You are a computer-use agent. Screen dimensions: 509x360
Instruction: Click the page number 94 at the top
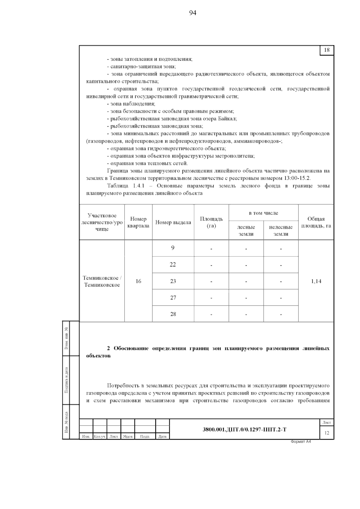pos(193,13)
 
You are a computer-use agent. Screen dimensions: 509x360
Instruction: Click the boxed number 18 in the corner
pos(327,50)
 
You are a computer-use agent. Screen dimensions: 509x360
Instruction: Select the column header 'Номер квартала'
pos(138,222)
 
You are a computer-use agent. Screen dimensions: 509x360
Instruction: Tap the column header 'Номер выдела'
pos(173,222)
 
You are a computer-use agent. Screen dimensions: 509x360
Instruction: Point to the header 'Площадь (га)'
pos(211,222)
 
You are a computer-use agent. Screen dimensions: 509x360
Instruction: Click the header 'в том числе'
pos(263,213)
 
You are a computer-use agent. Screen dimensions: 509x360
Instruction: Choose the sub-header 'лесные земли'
pos(246,230)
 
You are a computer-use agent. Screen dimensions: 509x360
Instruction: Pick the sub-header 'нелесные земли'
pos(281,230)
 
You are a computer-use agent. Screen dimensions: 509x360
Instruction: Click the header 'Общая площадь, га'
pos(316,222)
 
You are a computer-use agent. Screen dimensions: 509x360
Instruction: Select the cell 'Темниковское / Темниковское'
pos(102,281)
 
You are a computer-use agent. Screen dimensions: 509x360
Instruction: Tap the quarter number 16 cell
pos(138,281)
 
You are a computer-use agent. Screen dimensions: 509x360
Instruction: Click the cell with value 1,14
pos(316,281)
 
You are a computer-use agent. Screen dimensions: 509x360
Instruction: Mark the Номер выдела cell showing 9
pos(173,248)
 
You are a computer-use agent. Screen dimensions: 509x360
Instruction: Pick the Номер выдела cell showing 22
pos(173,265)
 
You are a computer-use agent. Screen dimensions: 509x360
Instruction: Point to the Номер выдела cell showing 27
pos(173,298)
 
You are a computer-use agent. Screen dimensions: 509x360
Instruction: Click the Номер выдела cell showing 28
pos(173,314)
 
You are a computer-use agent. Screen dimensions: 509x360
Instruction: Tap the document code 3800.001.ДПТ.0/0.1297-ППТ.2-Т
pos(244,430)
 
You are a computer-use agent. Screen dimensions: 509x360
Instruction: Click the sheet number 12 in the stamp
pos(327,433)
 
